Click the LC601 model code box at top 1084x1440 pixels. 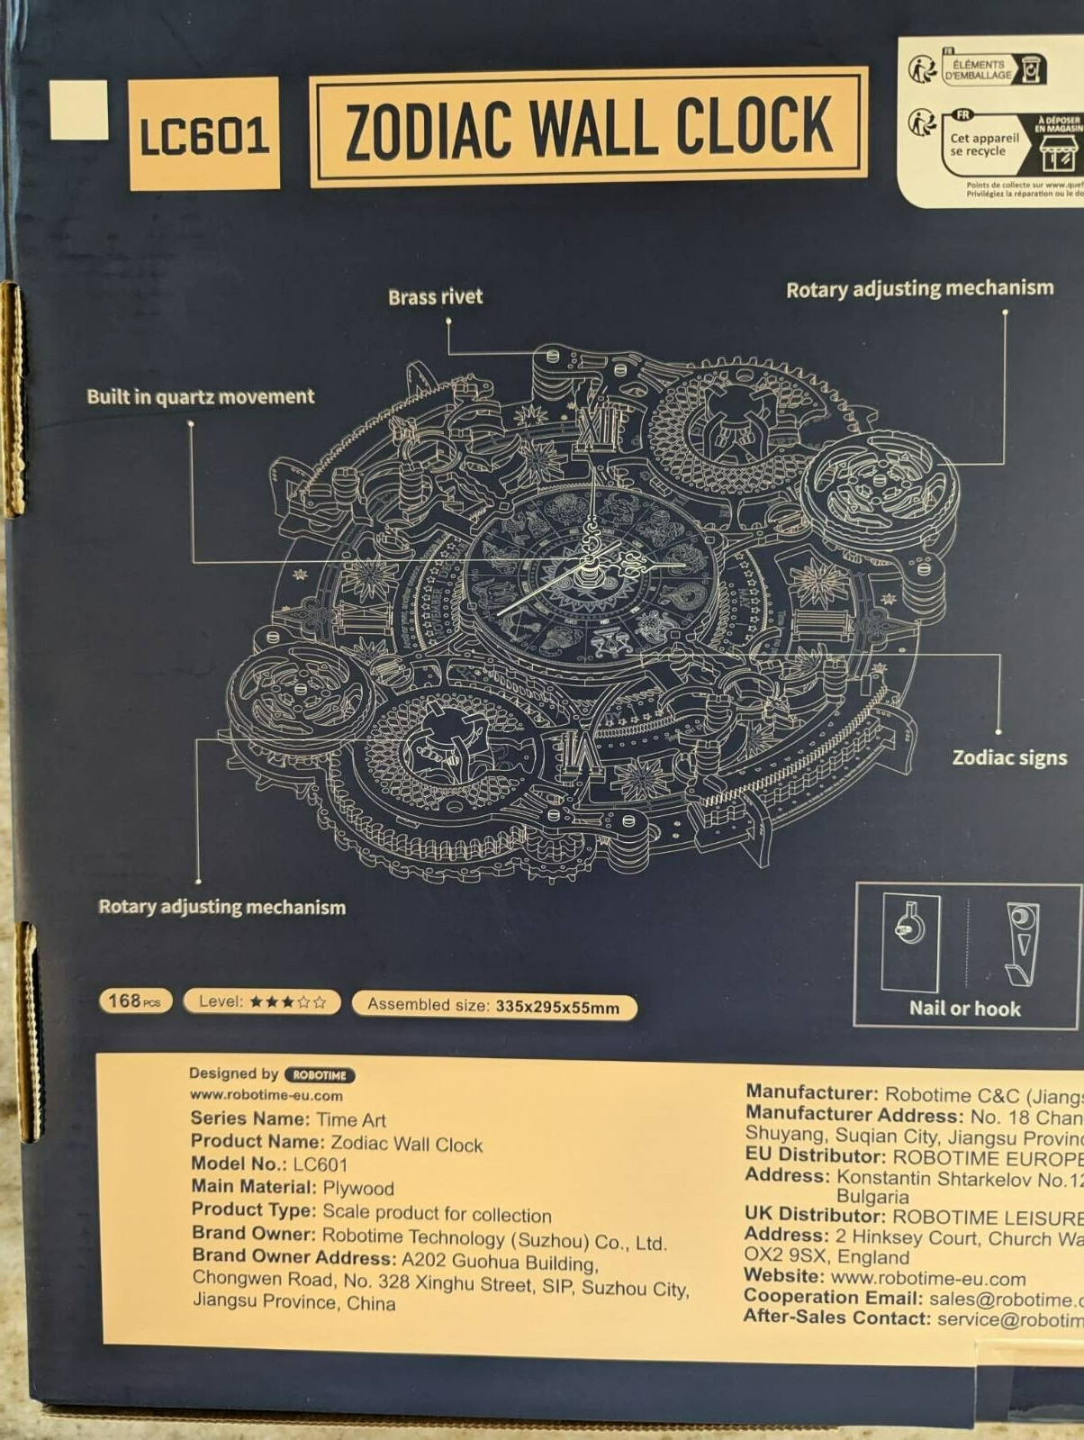(203, 133)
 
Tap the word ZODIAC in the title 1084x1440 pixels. (428, 131)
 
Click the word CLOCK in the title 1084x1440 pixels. (754, 126)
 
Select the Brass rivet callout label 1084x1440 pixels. (435, 296)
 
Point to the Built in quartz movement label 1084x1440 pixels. (200, 396)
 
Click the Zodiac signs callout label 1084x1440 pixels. (1009, 757)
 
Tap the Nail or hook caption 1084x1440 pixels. (964, 1008)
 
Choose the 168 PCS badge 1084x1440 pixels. (134, 1001)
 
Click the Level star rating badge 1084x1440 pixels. (262, 1001)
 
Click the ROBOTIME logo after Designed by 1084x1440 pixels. (320, 1074)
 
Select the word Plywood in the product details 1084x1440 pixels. (358, 1188)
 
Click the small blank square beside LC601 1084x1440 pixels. (78, 110)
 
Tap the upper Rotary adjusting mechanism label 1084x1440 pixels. (919, 289)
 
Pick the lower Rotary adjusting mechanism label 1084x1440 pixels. (221, 906)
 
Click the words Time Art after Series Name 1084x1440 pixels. (351, 1119)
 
